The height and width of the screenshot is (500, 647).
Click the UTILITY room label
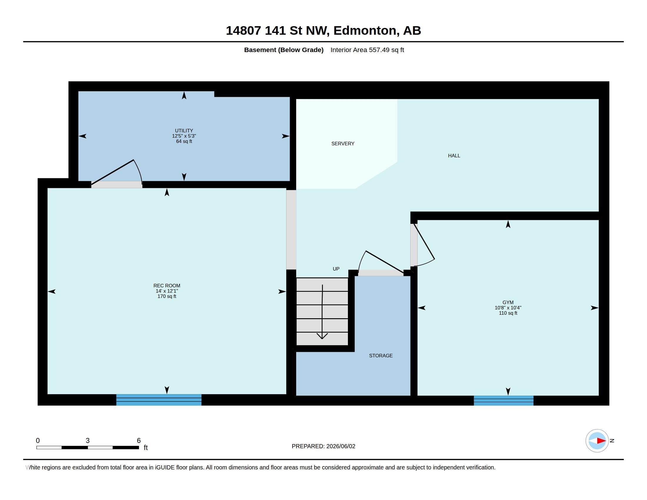184,131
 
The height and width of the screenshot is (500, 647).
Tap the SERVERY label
343,144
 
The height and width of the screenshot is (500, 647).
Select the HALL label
454,156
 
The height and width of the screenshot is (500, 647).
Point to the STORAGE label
381,356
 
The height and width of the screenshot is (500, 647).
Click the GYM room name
508,302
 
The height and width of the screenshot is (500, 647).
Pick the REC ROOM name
167,286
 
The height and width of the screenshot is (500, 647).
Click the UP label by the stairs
336,269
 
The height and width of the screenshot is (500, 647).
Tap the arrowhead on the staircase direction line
322,336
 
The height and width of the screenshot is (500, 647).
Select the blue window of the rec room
159,400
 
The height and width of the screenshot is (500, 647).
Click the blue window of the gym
503,401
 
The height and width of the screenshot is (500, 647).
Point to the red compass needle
601,441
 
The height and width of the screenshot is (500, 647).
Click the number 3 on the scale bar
88,441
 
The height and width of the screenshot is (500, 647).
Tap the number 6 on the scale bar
139,441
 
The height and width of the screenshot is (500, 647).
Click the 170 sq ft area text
167,296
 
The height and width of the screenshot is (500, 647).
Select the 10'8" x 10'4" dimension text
508,308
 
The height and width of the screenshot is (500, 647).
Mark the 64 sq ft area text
184,141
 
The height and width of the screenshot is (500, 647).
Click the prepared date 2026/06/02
341,446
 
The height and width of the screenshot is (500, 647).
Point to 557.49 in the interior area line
379,50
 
